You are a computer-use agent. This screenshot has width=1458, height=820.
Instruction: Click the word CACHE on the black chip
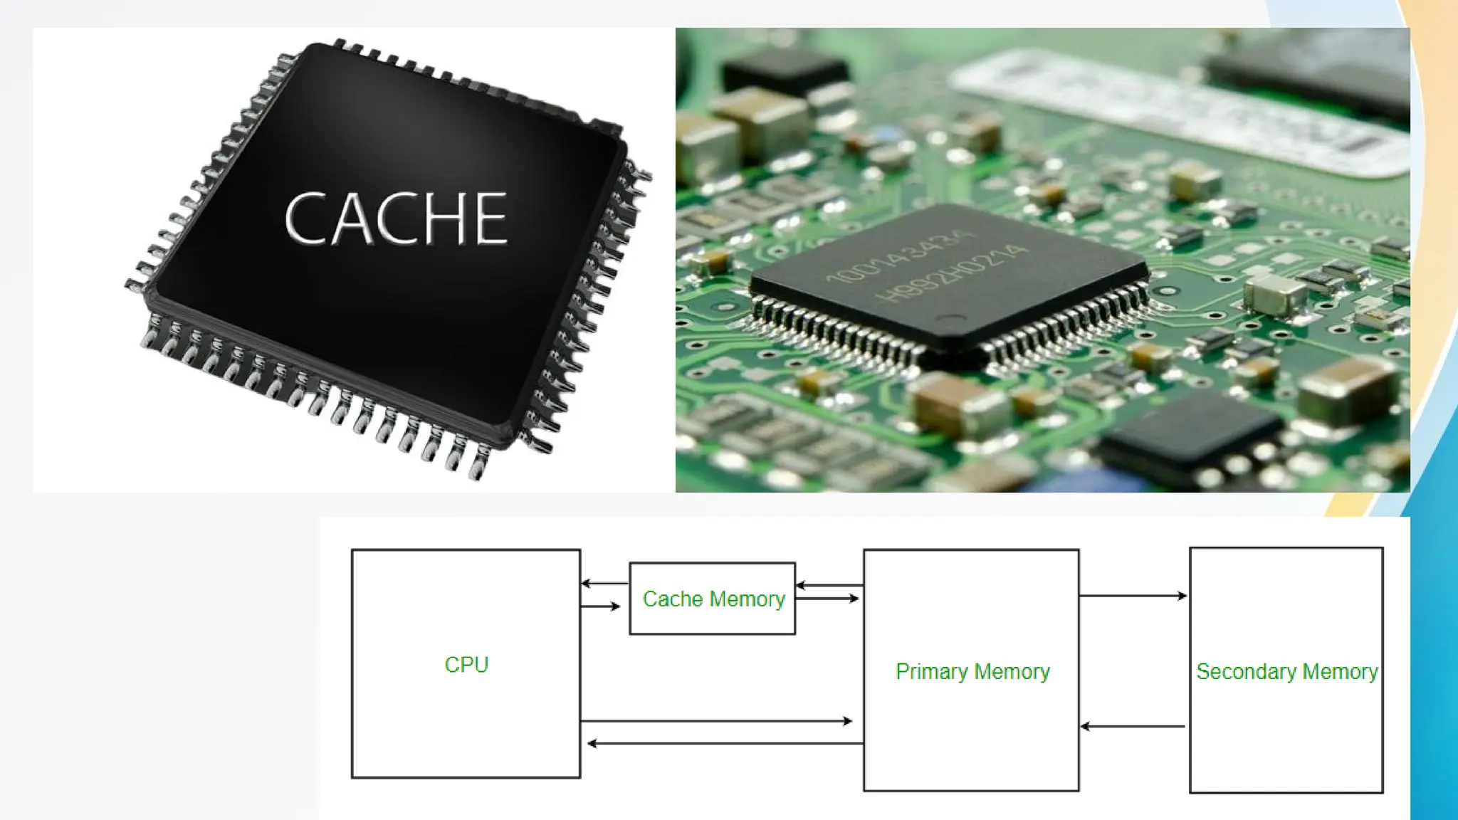pyautogui.click(x=396, y=218)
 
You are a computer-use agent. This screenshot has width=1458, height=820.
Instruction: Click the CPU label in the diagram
pyautogui.click(x=466, y=665)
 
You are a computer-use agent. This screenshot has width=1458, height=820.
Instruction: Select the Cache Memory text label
pyautogui.click(x=713, y=599)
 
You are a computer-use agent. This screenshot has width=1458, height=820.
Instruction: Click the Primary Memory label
pyautogui.click(x=972, y=672)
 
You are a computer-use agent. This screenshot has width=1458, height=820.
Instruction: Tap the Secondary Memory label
pyautogui.click(x=1286, y=672)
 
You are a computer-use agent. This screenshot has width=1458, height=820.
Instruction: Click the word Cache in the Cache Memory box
pyautogui.click(x=673, y=599)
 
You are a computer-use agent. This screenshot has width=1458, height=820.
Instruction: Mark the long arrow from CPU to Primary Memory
pyautogui.click(x=715, y=721)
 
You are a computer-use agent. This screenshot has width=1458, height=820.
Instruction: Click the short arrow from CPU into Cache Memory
pyautogui.click(x=601, y=606)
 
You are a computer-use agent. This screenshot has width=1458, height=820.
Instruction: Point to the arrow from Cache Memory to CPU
pyautogui.click(x=604, y=584)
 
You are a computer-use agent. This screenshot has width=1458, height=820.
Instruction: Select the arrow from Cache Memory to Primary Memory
pyautogui.click(x=827, y=599)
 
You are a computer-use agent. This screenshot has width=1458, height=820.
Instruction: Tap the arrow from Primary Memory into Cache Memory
pyautogui.click(x=829, y=586)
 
